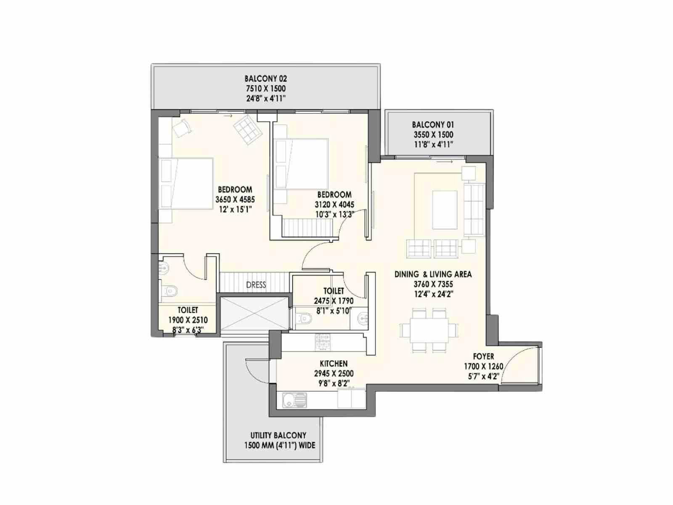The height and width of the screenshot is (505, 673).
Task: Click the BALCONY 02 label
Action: click(265, 79)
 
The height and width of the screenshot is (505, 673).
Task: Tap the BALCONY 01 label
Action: click(433, 125)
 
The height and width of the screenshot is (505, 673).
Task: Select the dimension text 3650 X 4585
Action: click(235, 199)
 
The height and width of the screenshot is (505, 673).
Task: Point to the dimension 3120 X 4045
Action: click(334, 205)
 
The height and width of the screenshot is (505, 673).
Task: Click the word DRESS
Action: click(256, 285)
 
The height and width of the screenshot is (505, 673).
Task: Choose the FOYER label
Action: click(484, 356)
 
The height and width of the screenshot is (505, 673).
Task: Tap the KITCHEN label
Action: click(334, 364)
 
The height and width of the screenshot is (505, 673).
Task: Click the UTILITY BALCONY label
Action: click(278, 436)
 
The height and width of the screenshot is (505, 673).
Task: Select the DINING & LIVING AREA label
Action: click(433, 274)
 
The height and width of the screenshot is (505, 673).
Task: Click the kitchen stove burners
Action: click(323, 342)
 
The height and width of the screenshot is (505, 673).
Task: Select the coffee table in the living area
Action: click(445, 210)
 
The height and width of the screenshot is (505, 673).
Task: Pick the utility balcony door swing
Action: click(256, 369)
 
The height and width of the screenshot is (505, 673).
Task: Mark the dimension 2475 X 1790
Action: click(334, 301)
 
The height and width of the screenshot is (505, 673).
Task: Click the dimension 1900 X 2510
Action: click(188, 320)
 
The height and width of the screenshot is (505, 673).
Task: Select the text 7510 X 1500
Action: click(265, 89)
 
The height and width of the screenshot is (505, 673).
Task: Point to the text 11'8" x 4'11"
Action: click(433, 144)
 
